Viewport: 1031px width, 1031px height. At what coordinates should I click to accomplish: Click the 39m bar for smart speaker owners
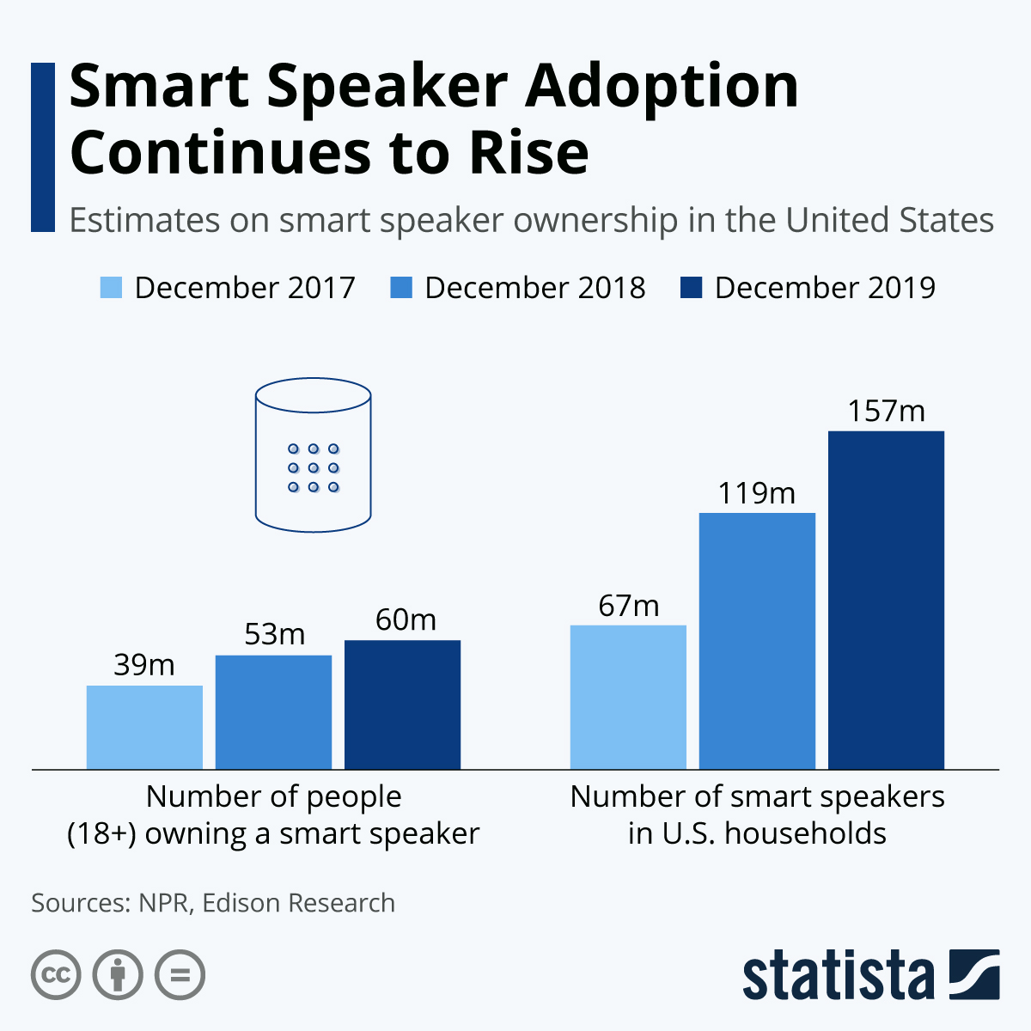coord(144,727)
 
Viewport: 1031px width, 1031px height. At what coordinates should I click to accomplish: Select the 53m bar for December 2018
coord(273,711)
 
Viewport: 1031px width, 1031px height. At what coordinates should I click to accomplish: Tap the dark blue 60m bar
coord(402,705)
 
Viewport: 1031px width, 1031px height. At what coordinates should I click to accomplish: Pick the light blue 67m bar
coord(628,697)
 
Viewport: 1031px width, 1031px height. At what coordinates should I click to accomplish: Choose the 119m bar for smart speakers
coord(757,641)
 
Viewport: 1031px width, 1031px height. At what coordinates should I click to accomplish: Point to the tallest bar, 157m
coord(886,600)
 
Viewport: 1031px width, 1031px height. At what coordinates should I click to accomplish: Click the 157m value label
coord(886,412)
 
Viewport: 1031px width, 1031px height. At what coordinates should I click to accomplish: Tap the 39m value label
coord(144,665)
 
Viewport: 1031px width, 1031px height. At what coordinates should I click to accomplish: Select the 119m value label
coord(757,493)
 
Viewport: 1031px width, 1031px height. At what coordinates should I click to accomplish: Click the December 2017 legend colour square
coord(112,288)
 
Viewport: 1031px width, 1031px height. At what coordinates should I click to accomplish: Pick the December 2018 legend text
coord(534,288)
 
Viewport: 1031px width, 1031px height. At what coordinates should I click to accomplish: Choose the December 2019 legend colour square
coord(692,288)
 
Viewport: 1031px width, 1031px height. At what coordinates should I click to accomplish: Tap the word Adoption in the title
coord(662,88)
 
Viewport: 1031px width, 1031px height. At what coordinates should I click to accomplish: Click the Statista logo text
coord(838,976)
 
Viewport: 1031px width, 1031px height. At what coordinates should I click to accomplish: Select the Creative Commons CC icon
coord(56,975)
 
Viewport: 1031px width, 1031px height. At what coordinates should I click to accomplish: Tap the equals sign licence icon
coord(180,975)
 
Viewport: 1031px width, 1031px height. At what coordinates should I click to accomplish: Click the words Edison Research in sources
coord(299,903)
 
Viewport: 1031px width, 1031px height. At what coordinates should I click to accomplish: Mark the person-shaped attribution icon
coord(118,975)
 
